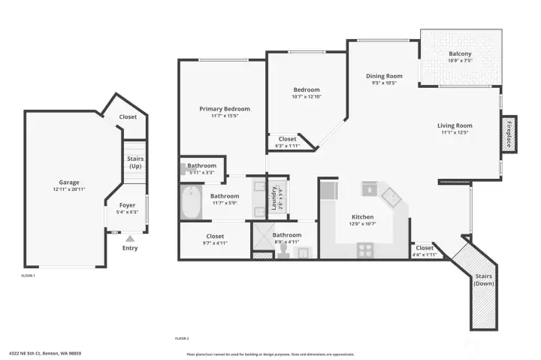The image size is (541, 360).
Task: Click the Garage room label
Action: [x=69, y=182]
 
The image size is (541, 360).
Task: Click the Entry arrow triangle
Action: [x=129, y=238]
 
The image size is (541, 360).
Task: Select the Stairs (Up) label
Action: [x=135, y=162]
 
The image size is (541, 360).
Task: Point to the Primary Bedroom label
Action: [x=224, y=109]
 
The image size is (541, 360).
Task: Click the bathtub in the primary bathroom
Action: [x=192, y=203]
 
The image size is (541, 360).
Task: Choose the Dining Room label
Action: [x=384, y=76]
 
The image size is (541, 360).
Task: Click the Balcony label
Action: [x=460, y=54]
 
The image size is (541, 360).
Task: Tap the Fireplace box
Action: [x=509, y=133]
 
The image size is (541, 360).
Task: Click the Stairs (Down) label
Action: [x=483, y=280]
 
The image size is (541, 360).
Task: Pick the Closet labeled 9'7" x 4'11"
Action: [x=215, y=240]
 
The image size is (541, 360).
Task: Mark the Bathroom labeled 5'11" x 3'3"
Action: [x=201, y=168]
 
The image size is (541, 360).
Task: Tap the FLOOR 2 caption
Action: [x=182, y=339]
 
